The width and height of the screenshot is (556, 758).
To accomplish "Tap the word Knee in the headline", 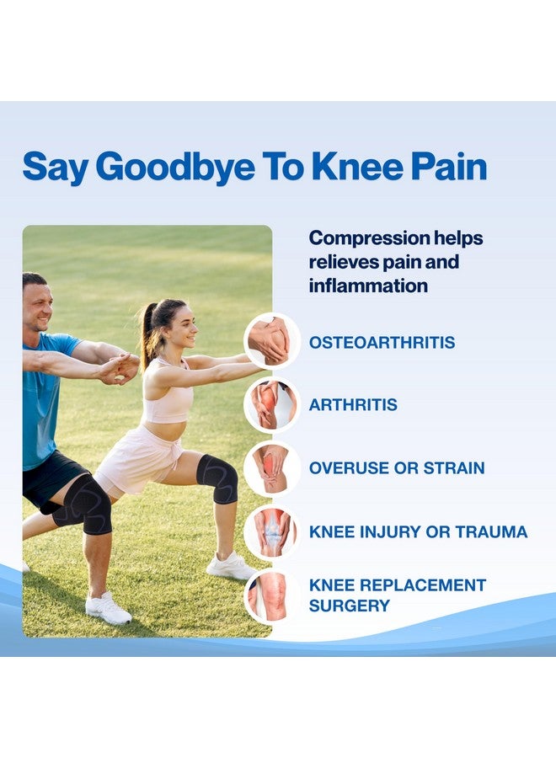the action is [x=357, y=166].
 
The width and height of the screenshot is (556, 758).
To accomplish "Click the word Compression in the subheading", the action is [x=368, y=239].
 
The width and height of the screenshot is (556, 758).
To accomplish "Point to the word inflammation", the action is [x=368, y=286].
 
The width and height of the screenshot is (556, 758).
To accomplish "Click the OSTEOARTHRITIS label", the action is [x=382, y=342].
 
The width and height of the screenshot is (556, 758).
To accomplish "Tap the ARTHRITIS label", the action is [x=353, y=404].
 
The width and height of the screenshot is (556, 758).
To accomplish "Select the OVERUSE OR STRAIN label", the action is [x=397, y=468].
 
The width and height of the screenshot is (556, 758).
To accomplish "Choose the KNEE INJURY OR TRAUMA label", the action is [x=418, y=531].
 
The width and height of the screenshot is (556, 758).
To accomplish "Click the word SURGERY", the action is [x=349, y=606].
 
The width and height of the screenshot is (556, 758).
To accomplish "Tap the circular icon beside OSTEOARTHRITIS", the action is [x=272, y=341].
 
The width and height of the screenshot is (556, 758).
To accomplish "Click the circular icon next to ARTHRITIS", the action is [x=272, y=404].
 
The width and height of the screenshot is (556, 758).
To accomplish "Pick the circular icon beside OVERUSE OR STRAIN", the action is [x=272, y=468].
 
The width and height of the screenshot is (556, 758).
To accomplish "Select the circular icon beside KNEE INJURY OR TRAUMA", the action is [x=272, y=531].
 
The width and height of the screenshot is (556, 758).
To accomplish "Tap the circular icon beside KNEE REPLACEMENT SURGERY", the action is [x=272, y=595].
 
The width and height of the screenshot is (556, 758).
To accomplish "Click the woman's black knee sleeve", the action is [x=218, y=478].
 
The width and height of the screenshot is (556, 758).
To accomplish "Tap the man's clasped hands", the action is [x=120, y=368].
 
